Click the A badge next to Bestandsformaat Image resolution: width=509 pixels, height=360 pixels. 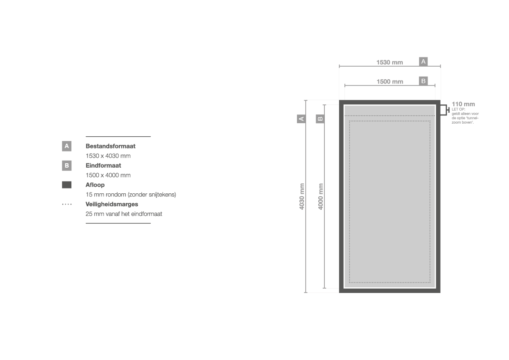[x=67, y=146]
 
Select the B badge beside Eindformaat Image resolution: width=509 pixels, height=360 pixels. [x=67, y=165]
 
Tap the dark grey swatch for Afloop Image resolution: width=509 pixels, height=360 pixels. [x=67, y=185]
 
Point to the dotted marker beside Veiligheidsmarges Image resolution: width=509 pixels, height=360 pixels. [x=67, y=204]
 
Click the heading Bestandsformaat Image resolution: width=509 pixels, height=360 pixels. [x=110, y=146]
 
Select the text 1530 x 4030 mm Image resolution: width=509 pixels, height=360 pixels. [x=108, y=156]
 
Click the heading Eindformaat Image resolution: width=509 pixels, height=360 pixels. [x=103, y=165]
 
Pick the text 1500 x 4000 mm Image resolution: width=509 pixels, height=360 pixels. [x=108, y=175]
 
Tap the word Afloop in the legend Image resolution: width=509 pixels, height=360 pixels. [x=95, y=185]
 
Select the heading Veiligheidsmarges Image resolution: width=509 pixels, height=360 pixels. [x=111, y=204]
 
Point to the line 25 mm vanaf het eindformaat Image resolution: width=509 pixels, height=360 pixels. [x=124, y=214]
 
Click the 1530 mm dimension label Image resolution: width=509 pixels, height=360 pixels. [x=390, y=62]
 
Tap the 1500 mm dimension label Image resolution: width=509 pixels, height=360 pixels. [x=390, y=82]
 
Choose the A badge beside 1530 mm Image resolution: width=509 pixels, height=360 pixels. [x=423, y=61]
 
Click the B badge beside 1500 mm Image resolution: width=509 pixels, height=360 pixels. [x=423, y=81]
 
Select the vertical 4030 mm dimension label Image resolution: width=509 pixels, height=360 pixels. [x=302, y=196]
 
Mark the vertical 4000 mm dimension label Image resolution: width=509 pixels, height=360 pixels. [x=321, y=196]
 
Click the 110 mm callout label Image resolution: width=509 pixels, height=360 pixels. [x=463, y=104]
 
